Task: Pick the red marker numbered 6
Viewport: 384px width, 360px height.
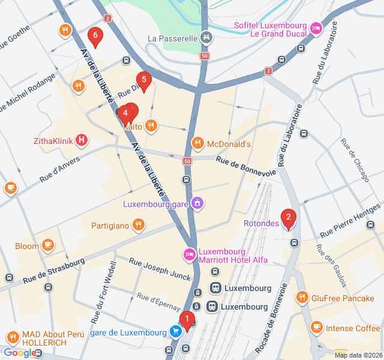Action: coord(94,37)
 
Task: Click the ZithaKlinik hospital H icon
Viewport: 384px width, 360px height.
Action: coord(82,142)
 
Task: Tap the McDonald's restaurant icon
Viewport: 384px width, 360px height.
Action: coord(197,143)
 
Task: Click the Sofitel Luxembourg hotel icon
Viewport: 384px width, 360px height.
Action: coord(316,28)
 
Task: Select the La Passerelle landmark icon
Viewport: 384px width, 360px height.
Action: coord(206,38)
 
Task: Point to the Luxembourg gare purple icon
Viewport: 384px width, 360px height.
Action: coord(197,203)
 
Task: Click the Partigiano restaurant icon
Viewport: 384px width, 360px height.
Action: coord(139,225)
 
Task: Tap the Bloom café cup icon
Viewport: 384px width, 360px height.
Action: coord(48,245)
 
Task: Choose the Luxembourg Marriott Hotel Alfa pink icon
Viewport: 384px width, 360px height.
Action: coord(190,255)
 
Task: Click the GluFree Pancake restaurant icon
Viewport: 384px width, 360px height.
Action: coord(302,297)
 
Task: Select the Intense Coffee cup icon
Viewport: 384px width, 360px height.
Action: coord(316,328)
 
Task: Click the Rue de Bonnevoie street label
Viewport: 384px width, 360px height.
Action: coord(246,166)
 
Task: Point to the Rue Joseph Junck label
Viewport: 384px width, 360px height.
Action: coord(160,269)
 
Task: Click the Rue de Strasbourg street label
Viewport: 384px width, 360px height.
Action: coord(54,271)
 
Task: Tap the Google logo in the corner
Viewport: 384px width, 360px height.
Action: coord(19,353)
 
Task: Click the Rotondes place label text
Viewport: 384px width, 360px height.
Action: coord(261,224)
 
